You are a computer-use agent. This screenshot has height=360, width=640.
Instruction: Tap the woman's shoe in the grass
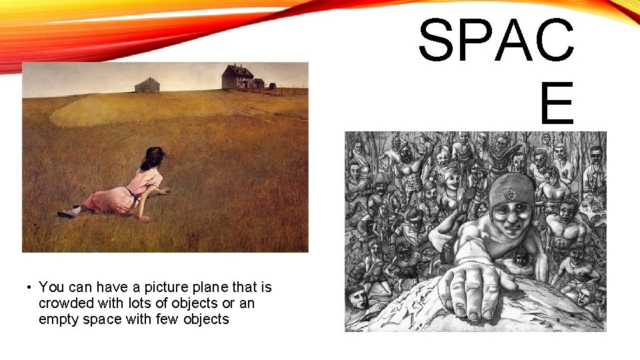pos(67,213)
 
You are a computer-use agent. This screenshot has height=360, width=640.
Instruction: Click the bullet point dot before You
pos(29,288)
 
